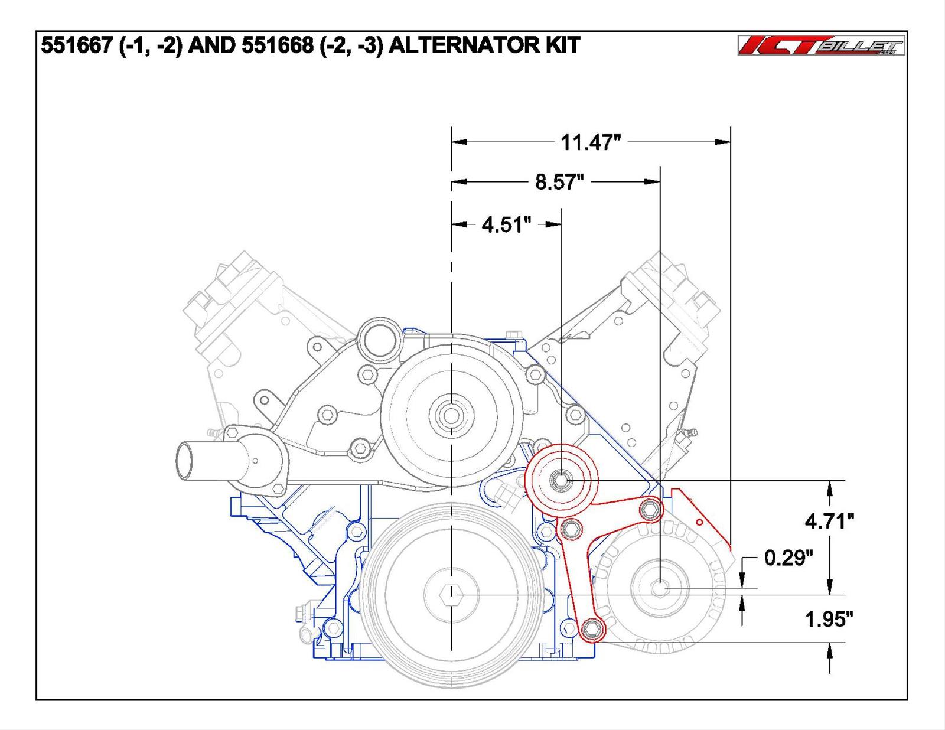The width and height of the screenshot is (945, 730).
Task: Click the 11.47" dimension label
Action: pyautogui.click(x=590, y=142)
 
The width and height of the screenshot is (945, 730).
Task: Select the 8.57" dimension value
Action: pyautogui.click(x=559, y=182)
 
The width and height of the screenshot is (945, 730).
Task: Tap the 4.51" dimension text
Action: pyautogui.click(x=506, y=224)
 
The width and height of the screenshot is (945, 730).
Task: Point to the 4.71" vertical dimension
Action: pyautogui.click(x=829, y=521)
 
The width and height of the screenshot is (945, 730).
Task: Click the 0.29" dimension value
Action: pyautogui.click(x=788, y=558)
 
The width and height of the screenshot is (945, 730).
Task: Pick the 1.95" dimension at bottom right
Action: pyautogui.click(x=829, y=620)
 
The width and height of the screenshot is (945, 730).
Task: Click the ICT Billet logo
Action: pyautogui.click(x=821, y=45)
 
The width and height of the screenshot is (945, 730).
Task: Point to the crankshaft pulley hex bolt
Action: pyautogui.click(x=451, y=594)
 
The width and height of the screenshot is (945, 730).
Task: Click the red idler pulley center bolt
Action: pyautogui.click(x=560, y=481)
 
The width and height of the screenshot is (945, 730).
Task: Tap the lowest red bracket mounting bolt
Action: pyautogui.click(x=591, y=630)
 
